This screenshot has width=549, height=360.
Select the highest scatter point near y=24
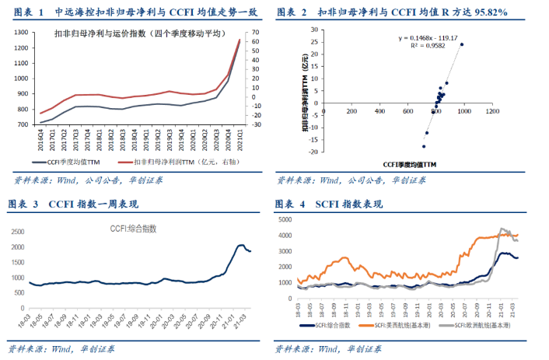coord(461,44)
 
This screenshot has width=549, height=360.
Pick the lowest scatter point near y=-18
coord(424,146)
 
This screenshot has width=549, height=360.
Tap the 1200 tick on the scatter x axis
coord(491,114)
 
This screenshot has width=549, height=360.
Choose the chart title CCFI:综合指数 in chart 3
coord(131,229)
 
